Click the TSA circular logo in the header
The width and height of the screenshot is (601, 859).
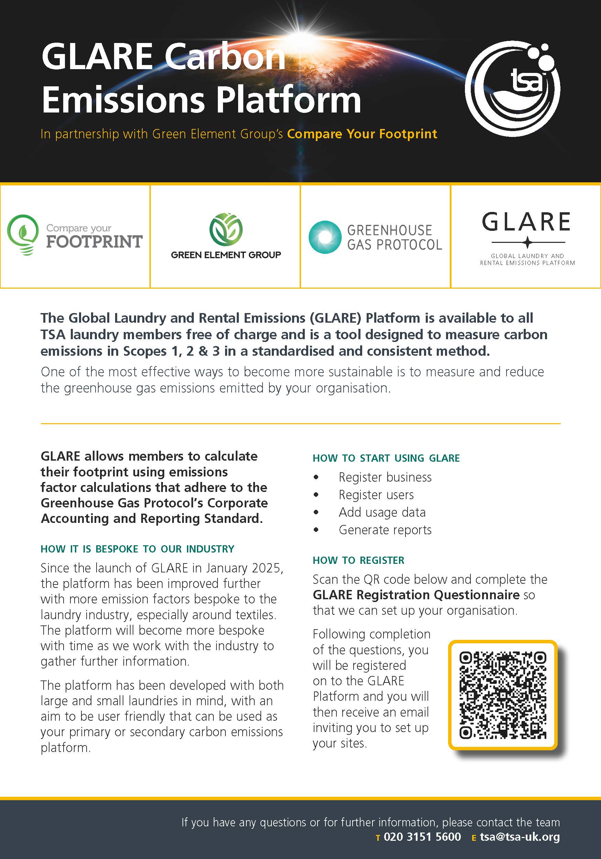(512, 89)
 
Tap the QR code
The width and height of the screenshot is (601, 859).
(503, 695)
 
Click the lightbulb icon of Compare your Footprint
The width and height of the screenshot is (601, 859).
(23, 234)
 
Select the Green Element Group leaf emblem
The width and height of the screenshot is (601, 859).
(226, 229)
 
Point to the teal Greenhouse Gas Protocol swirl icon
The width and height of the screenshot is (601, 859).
(325, 237)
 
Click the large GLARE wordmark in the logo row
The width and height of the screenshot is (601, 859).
(526, 222)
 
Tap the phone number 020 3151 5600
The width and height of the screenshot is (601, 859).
(422, 837)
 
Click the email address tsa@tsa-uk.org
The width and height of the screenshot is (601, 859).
(520, 837)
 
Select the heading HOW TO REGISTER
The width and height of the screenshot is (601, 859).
(358, 560)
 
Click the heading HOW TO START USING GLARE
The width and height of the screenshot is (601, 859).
(386, 458)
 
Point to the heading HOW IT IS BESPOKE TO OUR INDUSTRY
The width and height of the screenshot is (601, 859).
(137, 549)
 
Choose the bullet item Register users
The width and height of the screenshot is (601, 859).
(376, 495)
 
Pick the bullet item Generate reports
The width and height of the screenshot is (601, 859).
(385, 530)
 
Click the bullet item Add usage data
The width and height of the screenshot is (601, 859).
(382, 512)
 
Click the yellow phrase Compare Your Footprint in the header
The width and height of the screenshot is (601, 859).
(362, 134)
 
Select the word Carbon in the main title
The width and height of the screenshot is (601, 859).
(225, 57)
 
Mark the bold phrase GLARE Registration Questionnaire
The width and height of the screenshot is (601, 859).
(416, 594)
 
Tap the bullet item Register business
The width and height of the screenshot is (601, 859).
(385, 477)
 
